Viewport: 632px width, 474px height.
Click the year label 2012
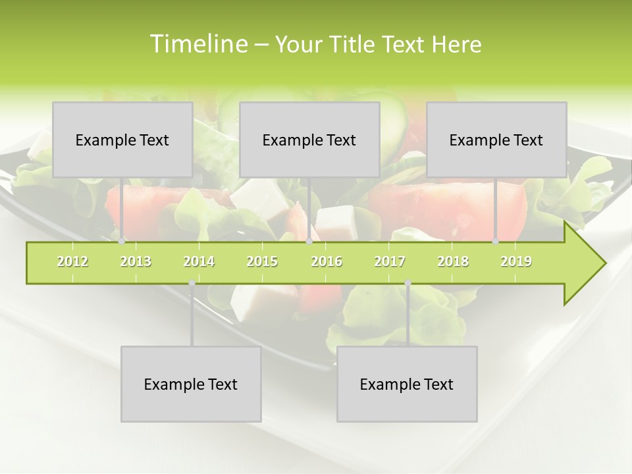click(x=72, y=261)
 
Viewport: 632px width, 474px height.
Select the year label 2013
click(x=136, y=261)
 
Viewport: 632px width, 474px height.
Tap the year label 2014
click(x=199, y=261)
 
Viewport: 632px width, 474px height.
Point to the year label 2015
click(x=262, y=261)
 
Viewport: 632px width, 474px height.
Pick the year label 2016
click(x=327, y=261)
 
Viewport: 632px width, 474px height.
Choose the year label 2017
click(x=390, y=261)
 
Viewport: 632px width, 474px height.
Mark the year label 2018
click(x=453, y=261)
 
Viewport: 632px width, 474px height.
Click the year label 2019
click(x=516, y=261)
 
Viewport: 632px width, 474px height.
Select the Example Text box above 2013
click(x=122, y=140)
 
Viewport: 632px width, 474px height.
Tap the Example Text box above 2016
click(x=309, y=140)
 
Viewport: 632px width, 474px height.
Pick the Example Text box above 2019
click(x=496, y=140)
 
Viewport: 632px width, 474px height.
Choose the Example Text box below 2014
click(x=191, y=384)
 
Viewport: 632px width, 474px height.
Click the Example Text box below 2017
click(x=407, y=384)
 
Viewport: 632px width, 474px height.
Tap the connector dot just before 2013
click(x=121, y=242)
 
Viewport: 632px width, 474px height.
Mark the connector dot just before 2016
click(x=309, y=242)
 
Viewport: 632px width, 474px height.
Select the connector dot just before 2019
click(x=495, y=242)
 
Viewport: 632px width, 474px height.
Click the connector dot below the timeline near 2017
click(x=408, y=283)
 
